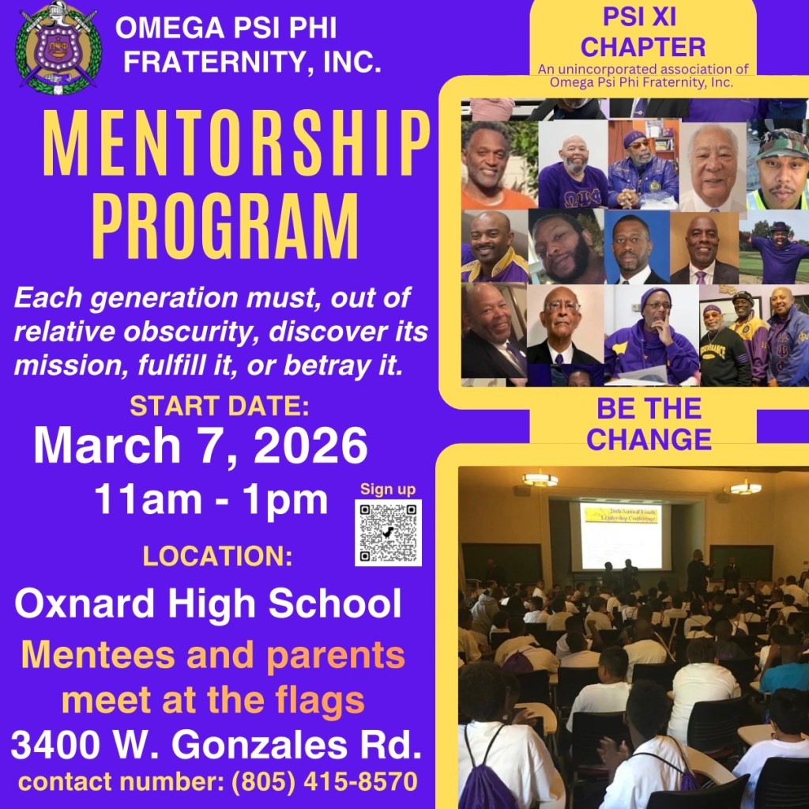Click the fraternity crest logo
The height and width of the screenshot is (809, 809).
(x=58, y=48)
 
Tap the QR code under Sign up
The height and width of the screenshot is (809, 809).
(x=388, y=533)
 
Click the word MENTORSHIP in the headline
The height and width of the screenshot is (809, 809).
(x=235, y=144)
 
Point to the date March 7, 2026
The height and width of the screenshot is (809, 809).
(x=200, y=445)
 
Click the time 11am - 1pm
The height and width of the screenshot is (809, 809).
(x=210, y=500)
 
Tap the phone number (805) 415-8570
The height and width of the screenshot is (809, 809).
(x=325, y=781)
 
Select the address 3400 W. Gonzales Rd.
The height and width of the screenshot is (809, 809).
(x=216, y=744)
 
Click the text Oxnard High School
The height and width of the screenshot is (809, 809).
(x=208, y=603)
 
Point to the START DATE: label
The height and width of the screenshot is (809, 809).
(x=220, y=406)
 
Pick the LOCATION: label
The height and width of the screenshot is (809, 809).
(x=217, y=556)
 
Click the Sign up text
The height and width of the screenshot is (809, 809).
(x=388, y=489)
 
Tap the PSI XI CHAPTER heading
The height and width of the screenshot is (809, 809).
(x=643, y=32)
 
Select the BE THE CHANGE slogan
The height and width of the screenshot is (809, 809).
(x=649, y=424)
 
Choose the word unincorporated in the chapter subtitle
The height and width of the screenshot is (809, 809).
(x=607, y=70)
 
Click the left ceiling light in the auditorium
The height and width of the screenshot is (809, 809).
(x=540, y=479)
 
